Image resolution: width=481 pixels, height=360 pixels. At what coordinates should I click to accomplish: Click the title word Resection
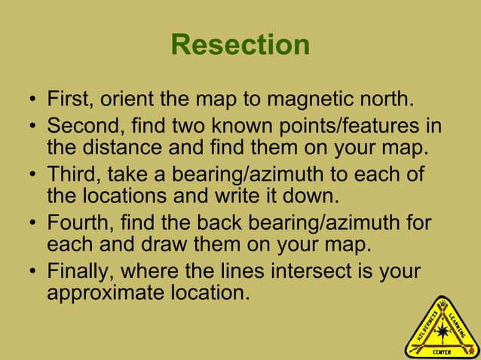tap(240, 45)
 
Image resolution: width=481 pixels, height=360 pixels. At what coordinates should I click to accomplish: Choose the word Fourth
tap(79, 224)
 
